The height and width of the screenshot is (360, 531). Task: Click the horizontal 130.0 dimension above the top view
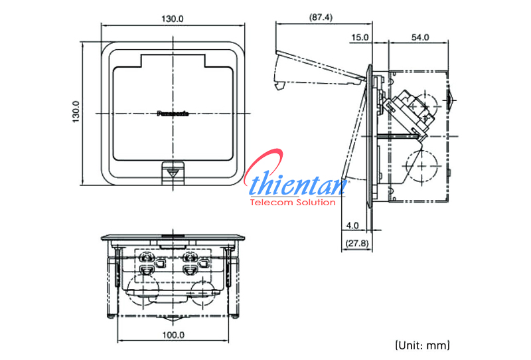(172, 19)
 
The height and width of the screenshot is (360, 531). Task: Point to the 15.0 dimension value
(360, 38)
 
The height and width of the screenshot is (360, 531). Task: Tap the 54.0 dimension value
(419, 38)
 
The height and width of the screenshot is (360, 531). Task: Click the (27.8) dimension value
(355, 244)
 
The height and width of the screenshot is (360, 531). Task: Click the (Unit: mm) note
(423, 345)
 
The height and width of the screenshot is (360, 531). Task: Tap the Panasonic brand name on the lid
(173, 114)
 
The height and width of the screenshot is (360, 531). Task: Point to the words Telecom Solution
(292, 202)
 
